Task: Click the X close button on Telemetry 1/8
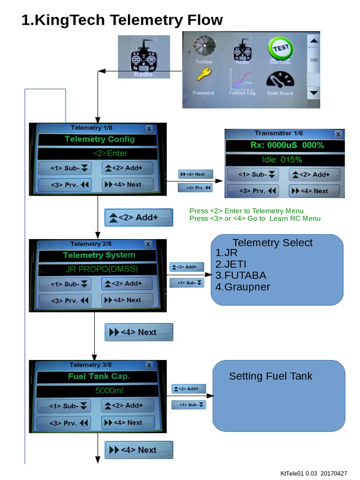click(x=149, y=128)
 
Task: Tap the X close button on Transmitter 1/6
click(x=338, y=134)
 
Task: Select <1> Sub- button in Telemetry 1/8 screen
click(x=66, y=168)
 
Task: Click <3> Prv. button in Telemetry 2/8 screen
click(x=65, y=300)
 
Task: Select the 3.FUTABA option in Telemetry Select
click(x=241, y=275)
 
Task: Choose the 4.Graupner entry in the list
click(x=243, y=287)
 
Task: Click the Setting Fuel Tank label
click(x=270, y=376)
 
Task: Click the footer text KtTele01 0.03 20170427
click(x=314, y=473)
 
